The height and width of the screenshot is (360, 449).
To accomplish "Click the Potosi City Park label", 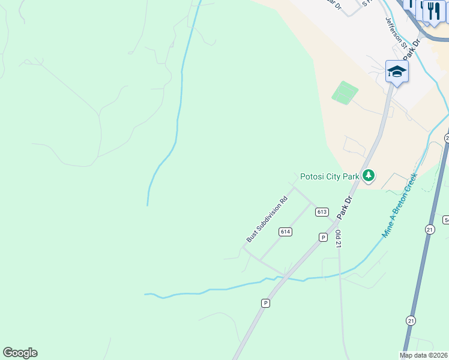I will [x=329, y=176].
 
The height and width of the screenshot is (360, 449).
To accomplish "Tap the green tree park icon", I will [x=369, y=176].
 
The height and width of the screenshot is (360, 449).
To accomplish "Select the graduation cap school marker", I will [x=397, y=72].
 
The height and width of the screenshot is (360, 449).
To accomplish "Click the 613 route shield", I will [x=322, y=212].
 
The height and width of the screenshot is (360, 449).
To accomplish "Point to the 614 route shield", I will [x=285, y=232].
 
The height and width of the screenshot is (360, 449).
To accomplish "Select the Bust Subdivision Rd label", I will [x=267, y=219].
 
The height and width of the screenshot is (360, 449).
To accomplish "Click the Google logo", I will [x=20, y=353].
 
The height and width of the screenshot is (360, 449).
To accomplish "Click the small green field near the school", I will [x=345, y=92].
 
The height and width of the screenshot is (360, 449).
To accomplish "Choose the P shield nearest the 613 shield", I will [x=322, y=238].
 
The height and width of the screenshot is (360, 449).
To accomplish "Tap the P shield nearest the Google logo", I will [x=265, y=304].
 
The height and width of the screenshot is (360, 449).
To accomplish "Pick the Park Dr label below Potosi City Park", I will [x=345, y=207].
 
